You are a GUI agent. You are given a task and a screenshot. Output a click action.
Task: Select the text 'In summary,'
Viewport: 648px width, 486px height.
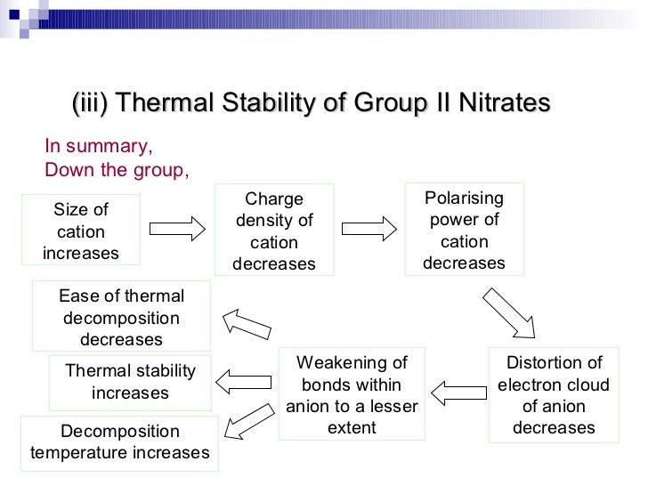point(99,148)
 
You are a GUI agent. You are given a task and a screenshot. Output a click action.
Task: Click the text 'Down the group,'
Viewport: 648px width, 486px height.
point(117,169)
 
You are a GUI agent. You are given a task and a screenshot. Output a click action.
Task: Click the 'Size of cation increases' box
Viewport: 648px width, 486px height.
point(81,231)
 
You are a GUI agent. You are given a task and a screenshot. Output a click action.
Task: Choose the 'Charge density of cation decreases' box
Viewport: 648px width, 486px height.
point(274,231)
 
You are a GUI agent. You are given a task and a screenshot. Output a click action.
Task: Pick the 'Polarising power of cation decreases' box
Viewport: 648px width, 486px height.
point(464,231)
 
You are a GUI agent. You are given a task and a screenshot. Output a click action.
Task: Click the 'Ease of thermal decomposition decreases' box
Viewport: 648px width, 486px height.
point(121,317)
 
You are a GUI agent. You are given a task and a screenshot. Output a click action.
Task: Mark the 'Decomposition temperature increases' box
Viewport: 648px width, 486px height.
point(119,442)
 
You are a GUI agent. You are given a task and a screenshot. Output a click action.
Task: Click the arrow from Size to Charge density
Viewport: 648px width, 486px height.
point(177,229)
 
